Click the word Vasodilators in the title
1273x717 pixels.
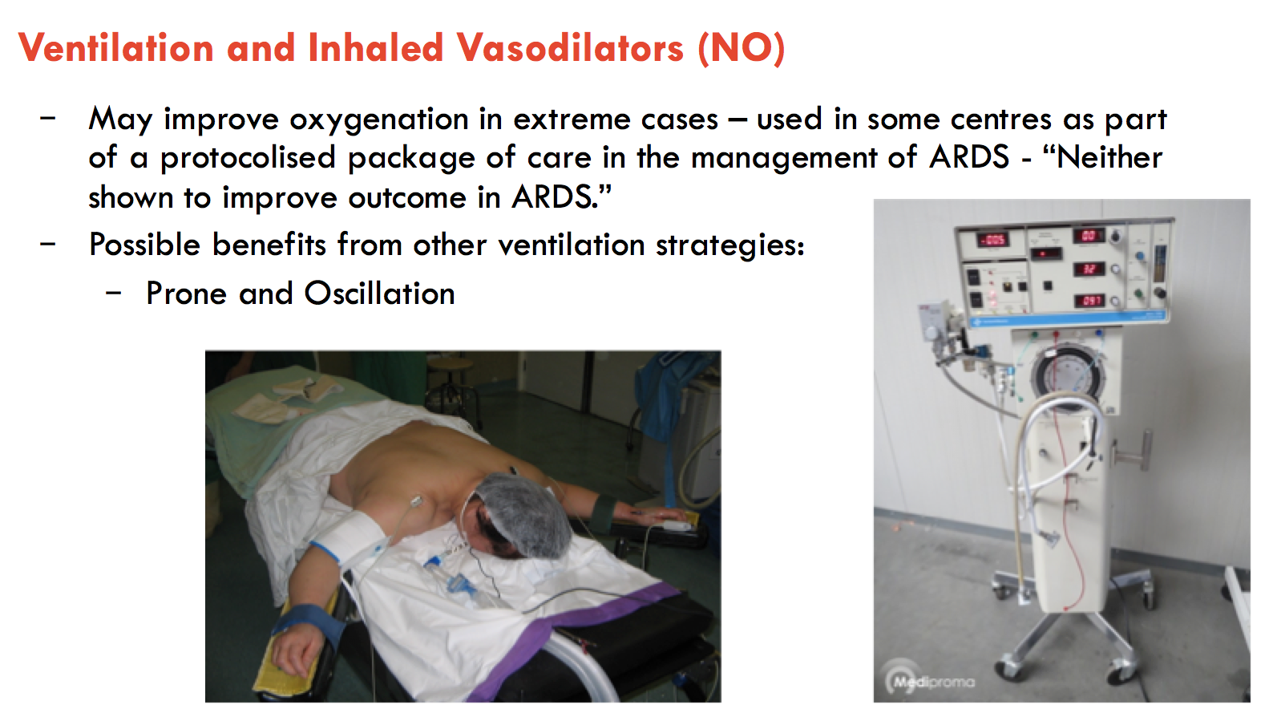[x=570, y=48]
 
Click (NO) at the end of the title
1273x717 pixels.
[x=741, y=48]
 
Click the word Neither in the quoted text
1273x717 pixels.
[x=1109, y=157]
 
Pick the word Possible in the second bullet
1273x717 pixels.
[x=145, y=245]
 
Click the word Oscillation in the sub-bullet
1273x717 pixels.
[x=379, y=294]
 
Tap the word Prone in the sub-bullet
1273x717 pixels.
[x=186, y=294]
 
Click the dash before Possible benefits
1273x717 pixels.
[x=48, y=243]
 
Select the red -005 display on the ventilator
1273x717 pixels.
[x=992, y=240]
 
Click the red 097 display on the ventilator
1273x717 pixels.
[x=1089, y=301]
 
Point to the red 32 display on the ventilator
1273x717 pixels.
[x=1089, y=269]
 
